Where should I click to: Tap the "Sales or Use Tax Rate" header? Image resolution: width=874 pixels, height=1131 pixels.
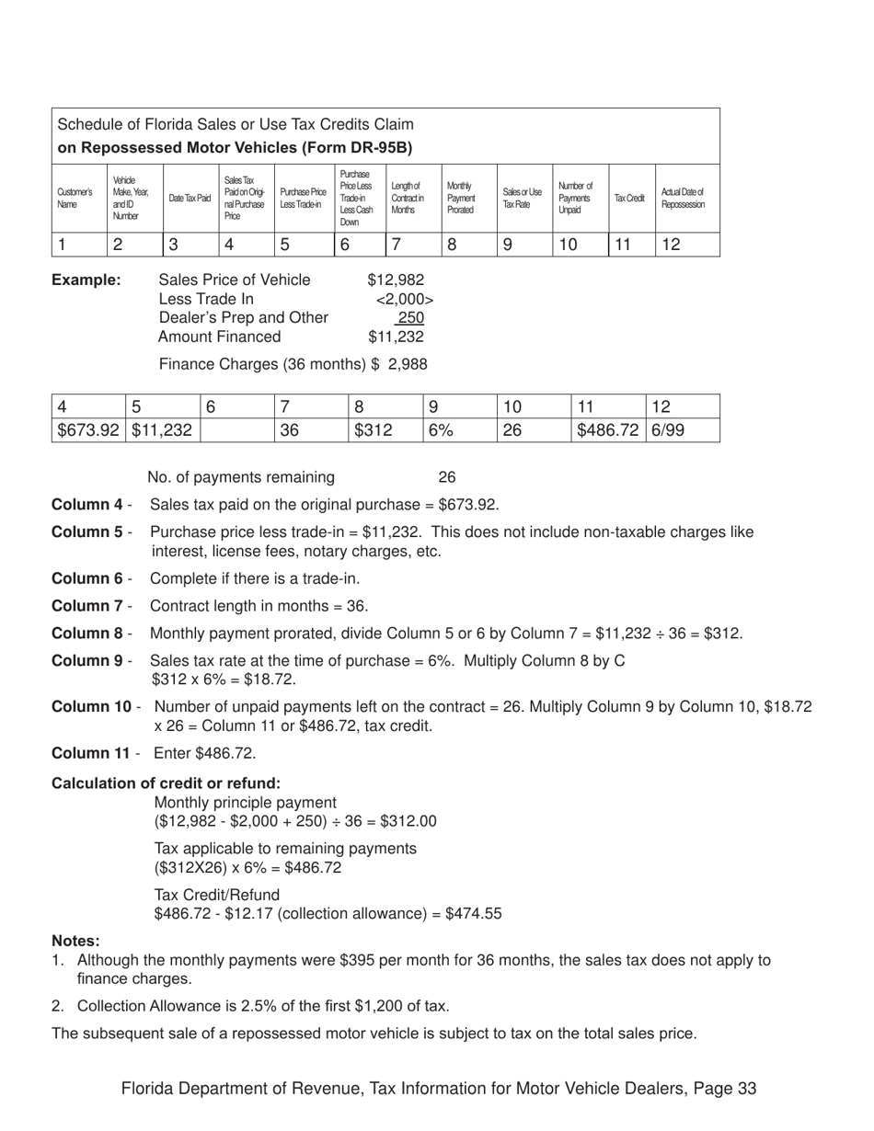522,199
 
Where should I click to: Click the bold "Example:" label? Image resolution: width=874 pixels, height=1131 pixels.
86,280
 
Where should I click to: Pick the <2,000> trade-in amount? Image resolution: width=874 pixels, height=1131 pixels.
404,299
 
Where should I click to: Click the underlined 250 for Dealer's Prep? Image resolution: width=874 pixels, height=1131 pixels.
410,318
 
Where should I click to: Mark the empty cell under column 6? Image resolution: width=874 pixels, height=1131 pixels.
236,429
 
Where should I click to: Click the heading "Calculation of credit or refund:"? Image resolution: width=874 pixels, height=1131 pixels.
166,783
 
